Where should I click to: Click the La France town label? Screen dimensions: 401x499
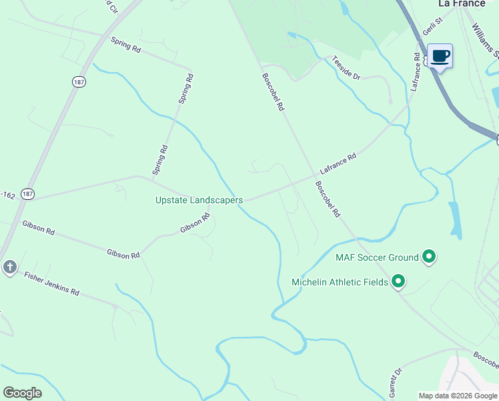(462, 3)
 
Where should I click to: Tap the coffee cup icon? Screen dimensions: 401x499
(439, 55)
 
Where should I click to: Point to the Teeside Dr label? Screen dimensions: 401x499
(346, 68)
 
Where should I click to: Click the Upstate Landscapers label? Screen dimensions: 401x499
(199, 200)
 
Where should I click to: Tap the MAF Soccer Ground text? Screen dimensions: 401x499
(377, 257)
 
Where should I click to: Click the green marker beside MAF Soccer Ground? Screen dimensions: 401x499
(429, 256)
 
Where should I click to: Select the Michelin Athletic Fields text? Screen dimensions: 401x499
(340, 282)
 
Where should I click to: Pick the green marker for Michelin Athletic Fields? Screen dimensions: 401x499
(398, 281)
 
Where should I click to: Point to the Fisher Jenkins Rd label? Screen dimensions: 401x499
(51, 283)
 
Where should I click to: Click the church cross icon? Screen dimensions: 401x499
(9, 267)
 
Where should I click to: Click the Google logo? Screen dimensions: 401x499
(22, 392)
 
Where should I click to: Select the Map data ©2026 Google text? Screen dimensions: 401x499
(458, 396)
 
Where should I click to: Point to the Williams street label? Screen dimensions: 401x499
(485, 40)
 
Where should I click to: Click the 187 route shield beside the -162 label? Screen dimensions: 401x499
(27, 193)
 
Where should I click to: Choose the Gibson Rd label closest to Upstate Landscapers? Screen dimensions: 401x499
(195, 223)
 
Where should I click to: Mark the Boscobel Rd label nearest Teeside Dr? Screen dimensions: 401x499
(274, 92)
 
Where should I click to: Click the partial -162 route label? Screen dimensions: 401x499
(8, 195)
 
